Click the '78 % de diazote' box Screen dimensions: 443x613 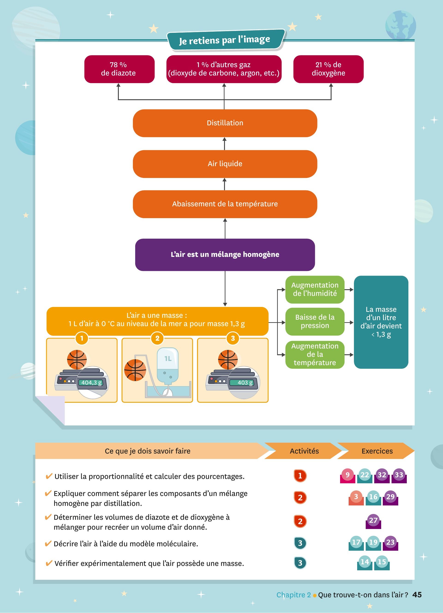tap(119, 69)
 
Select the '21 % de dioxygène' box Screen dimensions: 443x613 tap(329, 69)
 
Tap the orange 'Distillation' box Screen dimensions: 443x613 tap(225, 123)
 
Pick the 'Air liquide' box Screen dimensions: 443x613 tap(225, 164)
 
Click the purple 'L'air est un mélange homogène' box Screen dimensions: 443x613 tap(225, 255)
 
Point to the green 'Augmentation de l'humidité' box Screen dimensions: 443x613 tap(315, 289)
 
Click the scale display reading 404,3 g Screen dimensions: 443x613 tap(92, 382)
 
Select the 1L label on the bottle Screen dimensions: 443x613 tap(168, 359)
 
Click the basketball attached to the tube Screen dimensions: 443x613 tap(135, 370)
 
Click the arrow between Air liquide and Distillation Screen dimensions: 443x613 tap(224, 144)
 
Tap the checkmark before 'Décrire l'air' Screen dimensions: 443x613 tap(48, 543)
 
